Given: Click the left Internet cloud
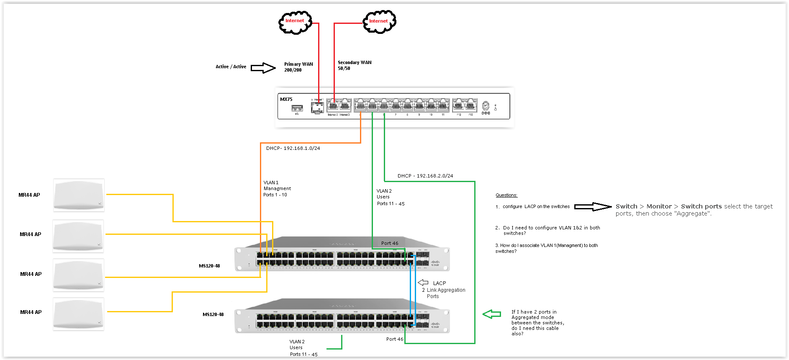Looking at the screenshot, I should pyautogui.click(x=295, y=22).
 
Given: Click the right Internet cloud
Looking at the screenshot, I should pyautogui.click(x=379, y=22).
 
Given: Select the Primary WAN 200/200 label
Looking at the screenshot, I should pyautogui.click(x=298, y=67).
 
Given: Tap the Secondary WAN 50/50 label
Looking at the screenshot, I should pyautogui.click(x=354, y=65).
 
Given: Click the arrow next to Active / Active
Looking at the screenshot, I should pyautogui.click(x=263, y=67).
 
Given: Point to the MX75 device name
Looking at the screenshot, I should pyautogui.click(x=286, y=99).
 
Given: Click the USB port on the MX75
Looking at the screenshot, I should pyautogui.click(x=297, y=108).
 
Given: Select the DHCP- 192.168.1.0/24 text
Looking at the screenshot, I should pyautogui.click(x=293, y=148).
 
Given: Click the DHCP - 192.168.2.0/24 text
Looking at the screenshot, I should pyautogui.click(x=425, y=176).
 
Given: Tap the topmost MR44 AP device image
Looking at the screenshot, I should pyautogui.click(x=79, y=195).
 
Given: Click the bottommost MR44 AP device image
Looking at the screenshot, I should pyautogui.click(x=78, y=314).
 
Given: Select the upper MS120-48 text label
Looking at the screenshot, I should pyautogui.click(x=209, y=266).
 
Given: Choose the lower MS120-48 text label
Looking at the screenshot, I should pyautogui.click(x=213, y=314).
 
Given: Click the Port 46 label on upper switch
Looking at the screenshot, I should pyautogui.click(x=390, y=243).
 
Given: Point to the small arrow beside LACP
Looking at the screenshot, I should pyautogui.click(x=423, y=283).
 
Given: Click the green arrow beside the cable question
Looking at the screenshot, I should pyautogui.click(x=492, y=314).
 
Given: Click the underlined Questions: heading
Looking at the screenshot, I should pyautogui.click(x=506, y=195).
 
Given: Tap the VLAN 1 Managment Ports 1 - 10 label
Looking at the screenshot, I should pyautogui.click(x=277, y=189).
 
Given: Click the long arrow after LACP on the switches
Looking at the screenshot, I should pyautogui.click(x=593, y=206).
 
